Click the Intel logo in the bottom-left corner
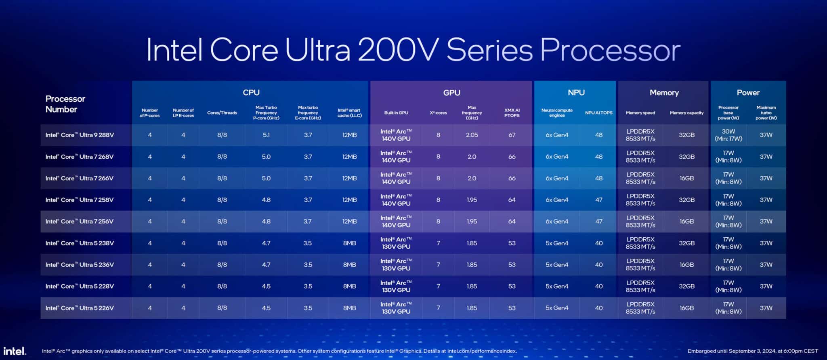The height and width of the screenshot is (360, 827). (15, 351)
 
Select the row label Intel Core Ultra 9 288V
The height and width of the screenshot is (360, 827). (80, 135)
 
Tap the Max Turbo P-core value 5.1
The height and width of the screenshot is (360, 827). (266, 135)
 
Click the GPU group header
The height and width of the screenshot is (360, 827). (451, 93)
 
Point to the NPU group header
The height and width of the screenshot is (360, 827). (576, 93)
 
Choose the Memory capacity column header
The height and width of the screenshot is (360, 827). (686, 113)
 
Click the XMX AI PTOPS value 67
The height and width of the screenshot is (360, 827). (512, 135)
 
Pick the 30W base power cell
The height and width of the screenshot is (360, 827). (728, 135)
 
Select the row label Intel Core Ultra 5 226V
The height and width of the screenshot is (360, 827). (80, 308)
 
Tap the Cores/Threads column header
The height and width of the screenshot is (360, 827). (222, 113)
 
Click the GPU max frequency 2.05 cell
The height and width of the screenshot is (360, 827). (472, 135)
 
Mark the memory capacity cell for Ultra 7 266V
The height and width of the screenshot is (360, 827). (686, 178)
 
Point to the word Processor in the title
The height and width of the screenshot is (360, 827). (610, 50)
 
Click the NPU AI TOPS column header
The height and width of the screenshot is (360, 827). (598, 113)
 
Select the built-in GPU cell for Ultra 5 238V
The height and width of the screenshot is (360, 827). (396, 243)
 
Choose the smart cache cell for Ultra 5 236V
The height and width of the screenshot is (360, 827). (349, 265)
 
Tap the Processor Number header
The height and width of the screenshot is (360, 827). (65, 104)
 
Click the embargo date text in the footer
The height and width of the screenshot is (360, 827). (753, 351)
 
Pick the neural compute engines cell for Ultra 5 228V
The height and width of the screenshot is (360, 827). (557, 286)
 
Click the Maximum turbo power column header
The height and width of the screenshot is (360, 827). (766, 113)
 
